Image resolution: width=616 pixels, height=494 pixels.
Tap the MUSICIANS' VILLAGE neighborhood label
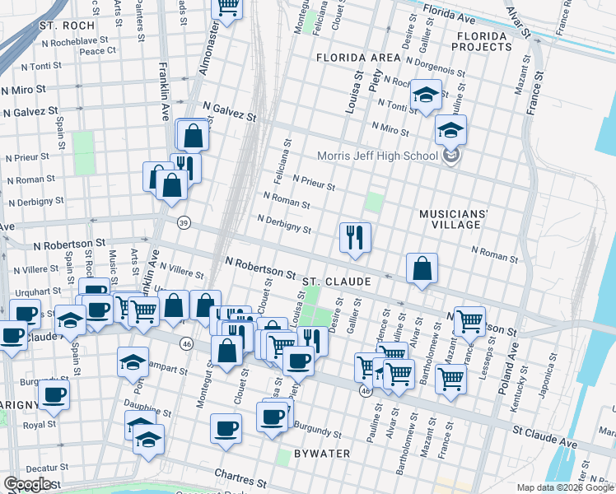point(454,219)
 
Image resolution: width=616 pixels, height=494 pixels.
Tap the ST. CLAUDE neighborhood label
point(336,282)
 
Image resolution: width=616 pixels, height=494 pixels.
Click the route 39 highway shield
point(184,223)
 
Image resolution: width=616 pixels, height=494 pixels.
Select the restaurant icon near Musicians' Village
point(355,237)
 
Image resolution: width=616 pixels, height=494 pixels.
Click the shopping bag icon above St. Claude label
point(422,268)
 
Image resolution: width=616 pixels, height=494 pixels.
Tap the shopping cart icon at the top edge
point(228,8)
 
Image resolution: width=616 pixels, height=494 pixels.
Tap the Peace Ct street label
point(98,50)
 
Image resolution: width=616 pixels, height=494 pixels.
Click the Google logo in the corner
point(28,483)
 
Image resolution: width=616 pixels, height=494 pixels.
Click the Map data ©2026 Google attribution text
point(564,487)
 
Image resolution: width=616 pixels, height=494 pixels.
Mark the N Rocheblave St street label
point(75,40)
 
